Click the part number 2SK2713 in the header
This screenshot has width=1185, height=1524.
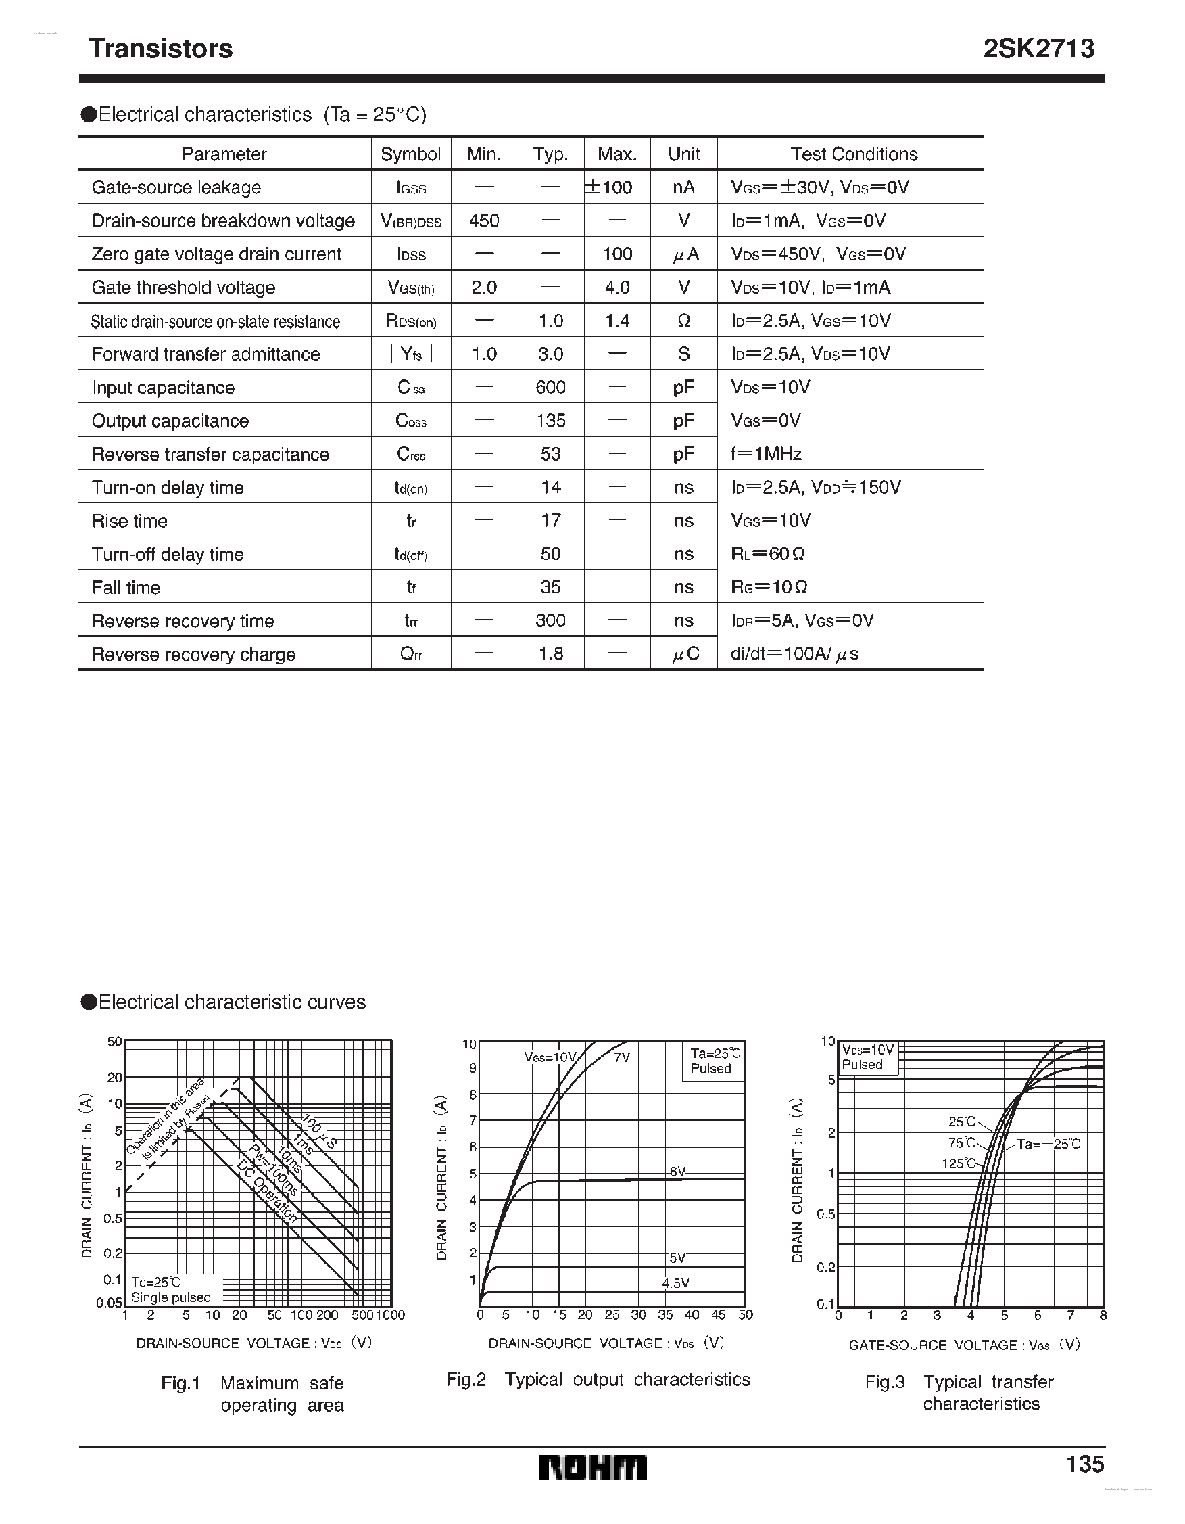click(x=1038, y=49)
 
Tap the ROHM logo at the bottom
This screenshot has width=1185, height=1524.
click(x=593, y=1467)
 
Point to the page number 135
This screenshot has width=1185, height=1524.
click(x=1084, y=1463)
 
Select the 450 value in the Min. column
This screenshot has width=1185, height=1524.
click(x=484, y=221)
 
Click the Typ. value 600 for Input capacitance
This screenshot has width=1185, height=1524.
click(x=550, y=388)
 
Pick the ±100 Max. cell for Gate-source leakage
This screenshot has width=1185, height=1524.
click(x=609, y=187)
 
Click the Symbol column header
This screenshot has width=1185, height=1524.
click(x=411, y=154)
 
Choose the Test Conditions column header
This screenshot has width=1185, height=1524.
click(x=854, y=154)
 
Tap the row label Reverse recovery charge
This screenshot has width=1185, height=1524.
click(x=194, y=655)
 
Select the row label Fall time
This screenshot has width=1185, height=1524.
click(x=126, y=588)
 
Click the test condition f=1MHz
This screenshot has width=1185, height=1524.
click(x=766, y=455)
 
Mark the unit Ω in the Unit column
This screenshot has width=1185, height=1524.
click(x=683, y=321)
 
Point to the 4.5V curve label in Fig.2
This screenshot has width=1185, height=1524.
click(x=675, y=1283)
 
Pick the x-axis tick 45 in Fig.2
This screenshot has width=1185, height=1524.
click(x=719, y=1315)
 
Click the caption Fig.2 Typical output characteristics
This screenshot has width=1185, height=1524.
click(x=598, y=1379)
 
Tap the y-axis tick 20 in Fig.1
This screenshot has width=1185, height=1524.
click(x=114, y=1077)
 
